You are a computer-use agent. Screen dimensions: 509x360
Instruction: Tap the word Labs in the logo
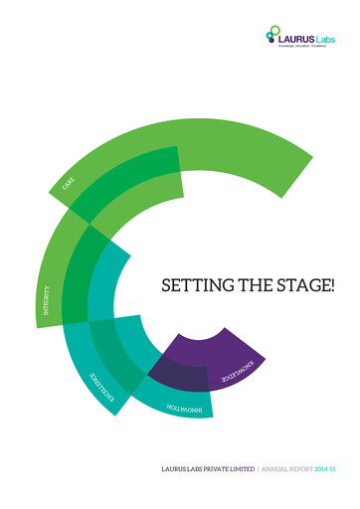[327, 37]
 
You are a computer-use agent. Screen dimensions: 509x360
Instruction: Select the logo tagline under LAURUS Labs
[306, 46]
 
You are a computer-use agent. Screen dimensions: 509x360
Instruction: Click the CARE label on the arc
[68, 185]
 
